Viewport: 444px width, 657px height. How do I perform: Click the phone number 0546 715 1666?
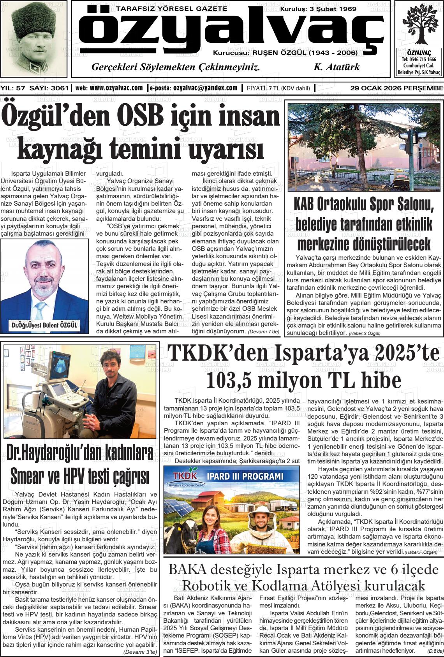point(419,60)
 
